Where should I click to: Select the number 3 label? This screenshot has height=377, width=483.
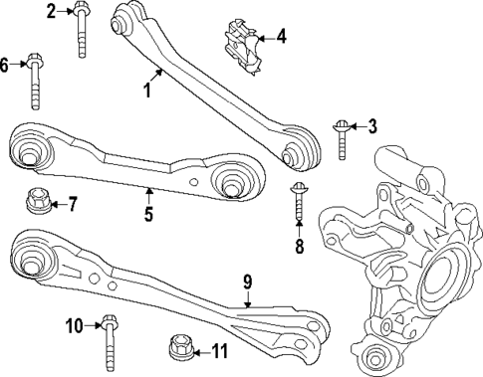(x=372, y=125)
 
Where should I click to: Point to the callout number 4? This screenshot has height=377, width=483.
(x=280, y=38)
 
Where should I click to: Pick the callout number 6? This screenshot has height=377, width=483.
(x=5, y=65)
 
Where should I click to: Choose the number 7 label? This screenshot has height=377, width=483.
(x=71, y=204)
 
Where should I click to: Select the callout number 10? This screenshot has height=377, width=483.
(x=76, y=324)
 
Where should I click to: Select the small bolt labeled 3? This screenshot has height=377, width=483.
(x=343, y=138)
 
